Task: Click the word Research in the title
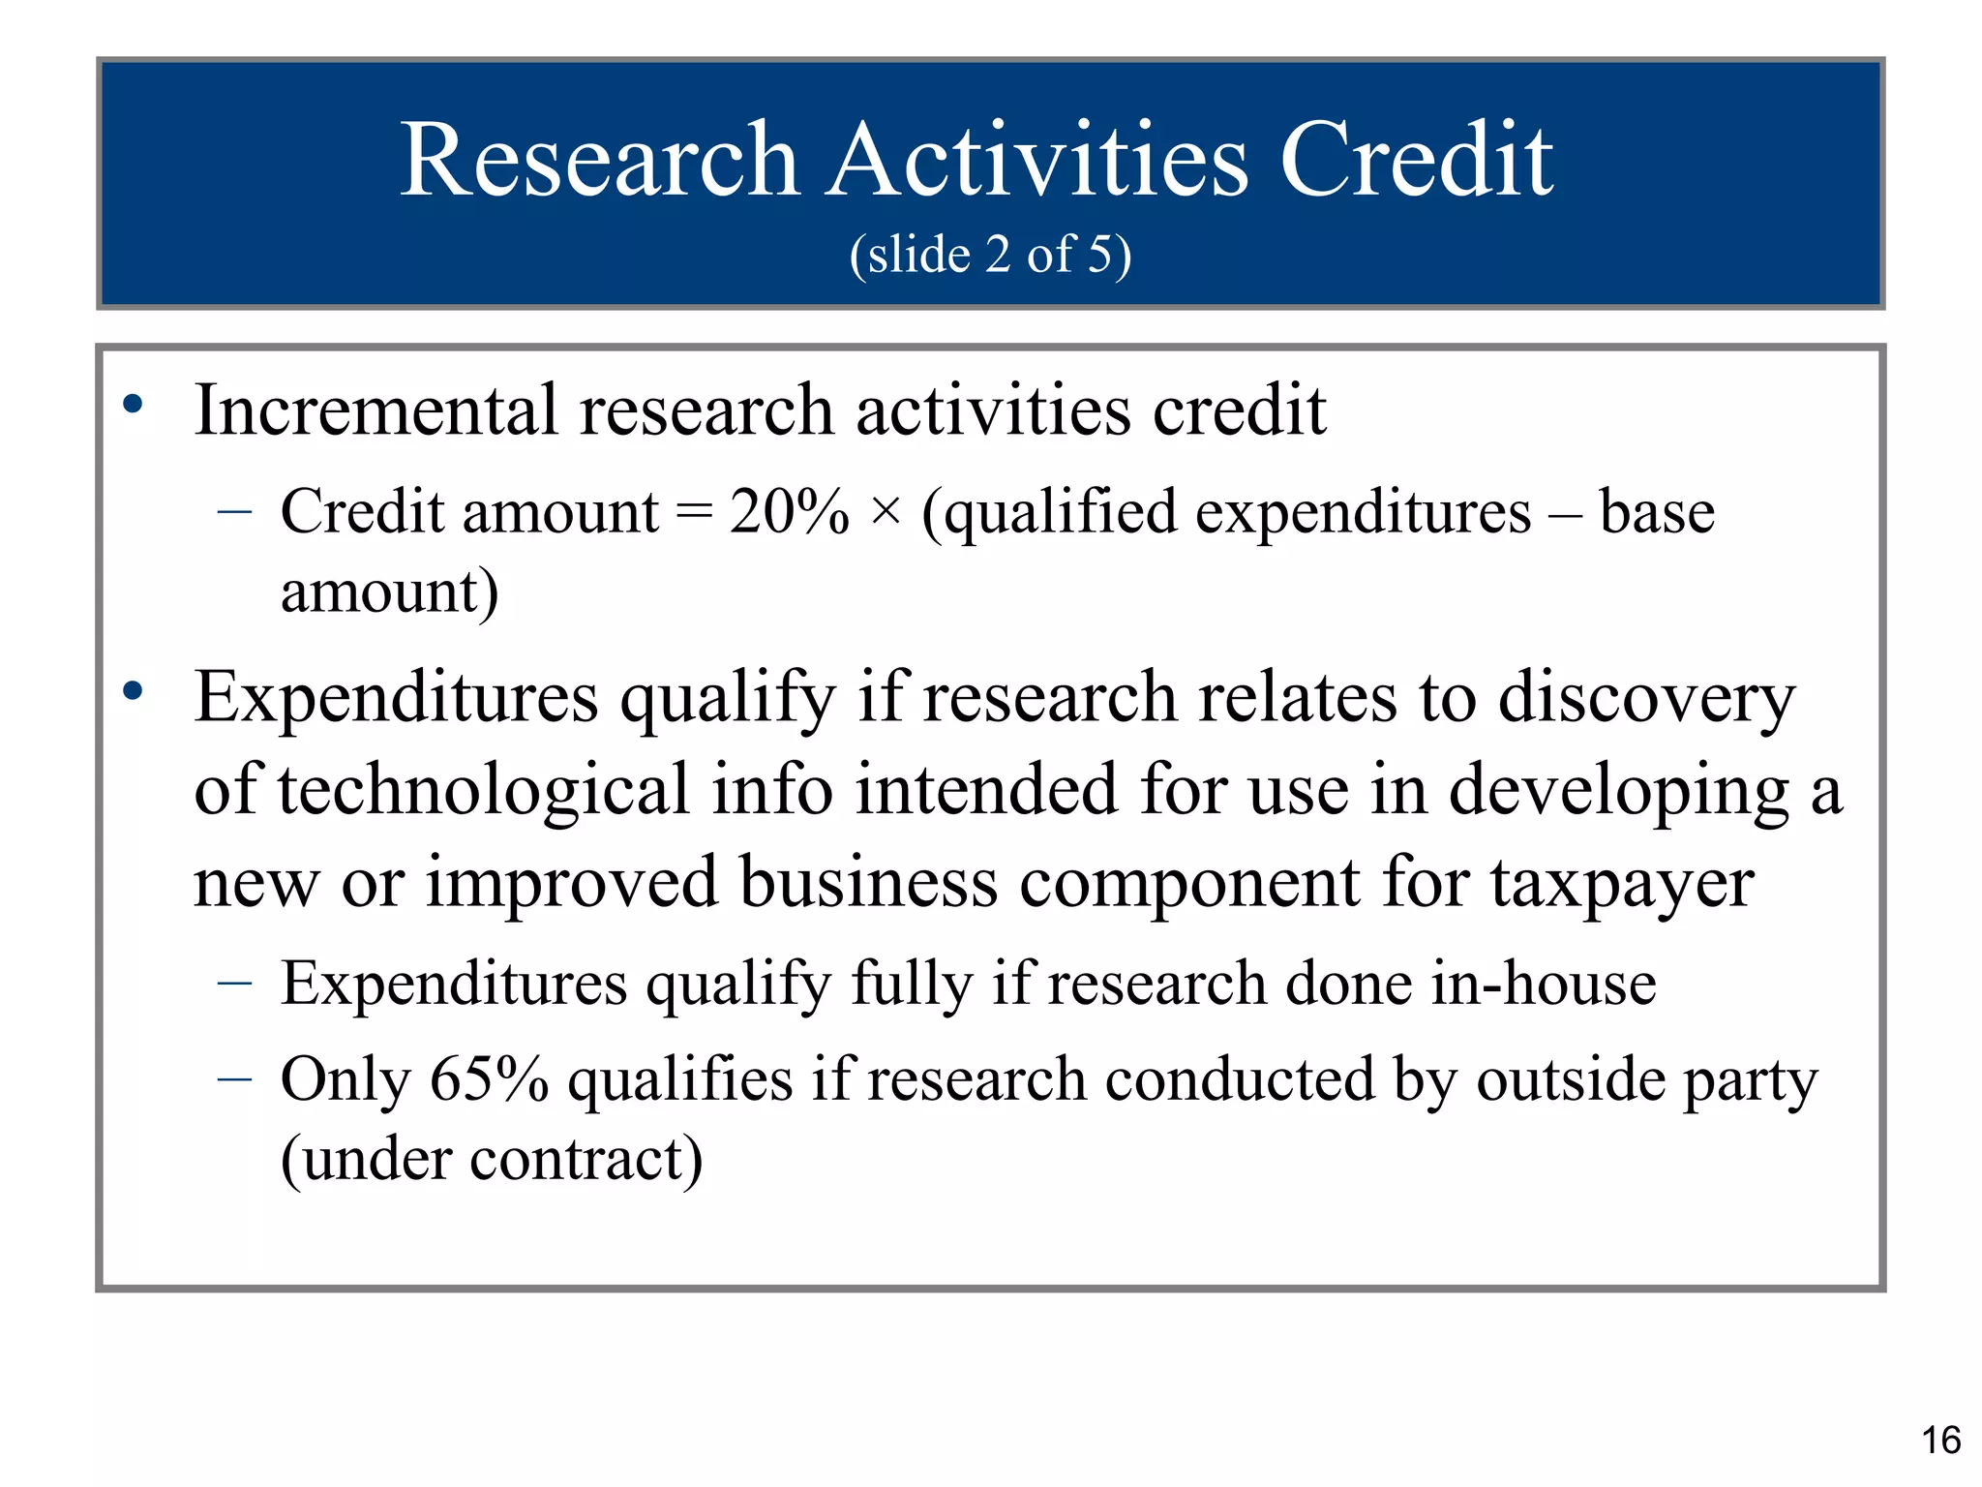click(599, 160)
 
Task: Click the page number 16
click(1940, 1441)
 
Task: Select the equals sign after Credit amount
click(693, 513)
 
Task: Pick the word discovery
click(1646, 699)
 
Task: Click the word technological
click(484, 790)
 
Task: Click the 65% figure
click(489, 1079)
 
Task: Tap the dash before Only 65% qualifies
click(235, 1079)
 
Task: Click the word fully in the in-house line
click(911, 985)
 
